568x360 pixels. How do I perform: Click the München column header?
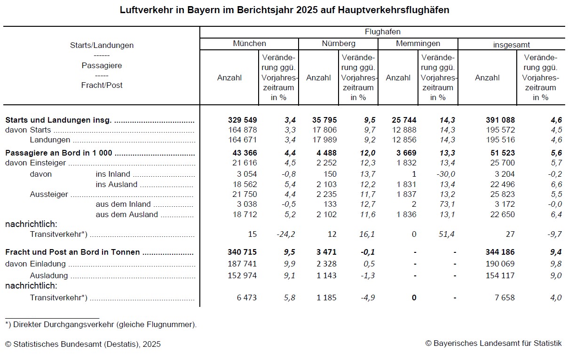249,44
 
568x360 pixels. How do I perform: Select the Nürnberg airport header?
339,44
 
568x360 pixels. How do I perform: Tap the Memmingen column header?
418,44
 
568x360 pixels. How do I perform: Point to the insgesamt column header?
512,45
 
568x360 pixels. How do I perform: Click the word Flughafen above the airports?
382,32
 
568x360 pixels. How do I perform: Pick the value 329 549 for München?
242,120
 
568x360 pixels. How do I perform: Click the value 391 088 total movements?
500,120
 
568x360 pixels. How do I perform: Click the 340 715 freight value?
242,252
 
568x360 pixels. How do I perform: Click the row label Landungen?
50,140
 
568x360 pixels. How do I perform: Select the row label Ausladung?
49,275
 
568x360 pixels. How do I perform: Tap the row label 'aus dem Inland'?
123,204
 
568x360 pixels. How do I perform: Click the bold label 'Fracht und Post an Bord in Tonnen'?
72,252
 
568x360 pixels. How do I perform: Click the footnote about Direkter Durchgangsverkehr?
101,324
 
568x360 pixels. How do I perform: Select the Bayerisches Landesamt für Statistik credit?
493,344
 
